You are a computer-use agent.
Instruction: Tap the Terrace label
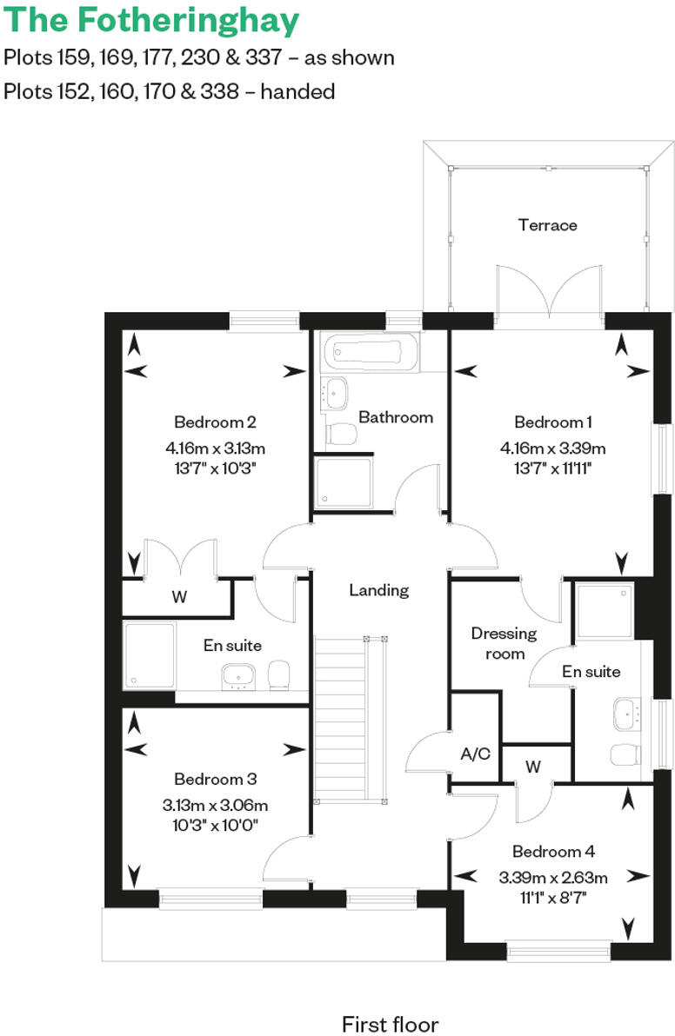[x=547, y=225]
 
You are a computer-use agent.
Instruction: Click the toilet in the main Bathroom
[x=342, y=434]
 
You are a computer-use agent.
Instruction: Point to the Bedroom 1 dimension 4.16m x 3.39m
[x=552, y=448]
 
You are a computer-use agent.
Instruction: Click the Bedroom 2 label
[x=215, y=422]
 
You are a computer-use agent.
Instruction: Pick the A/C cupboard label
[x=476, y=754]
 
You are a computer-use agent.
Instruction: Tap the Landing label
[x=378, y=590]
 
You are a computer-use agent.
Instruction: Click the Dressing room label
[x=504, y=643]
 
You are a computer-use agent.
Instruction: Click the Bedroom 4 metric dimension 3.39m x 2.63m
[x=552, y=877]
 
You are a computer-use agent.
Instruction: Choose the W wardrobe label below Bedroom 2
[x=178, y=597]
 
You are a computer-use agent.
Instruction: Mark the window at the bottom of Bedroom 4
[x=558, y=953]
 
